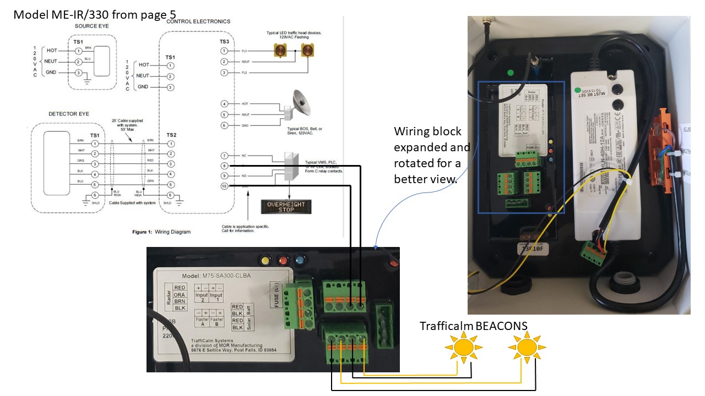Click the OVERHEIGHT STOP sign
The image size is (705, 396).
(286, 207)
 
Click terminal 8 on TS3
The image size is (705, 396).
(224, 165)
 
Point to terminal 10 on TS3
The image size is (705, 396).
(224, 186)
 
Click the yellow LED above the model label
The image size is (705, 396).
(266, 260)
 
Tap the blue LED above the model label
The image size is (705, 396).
(300, 260)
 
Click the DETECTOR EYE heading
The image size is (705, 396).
(69, 114)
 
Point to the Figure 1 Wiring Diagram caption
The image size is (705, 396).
(161, 232)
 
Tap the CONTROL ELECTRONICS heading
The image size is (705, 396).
(198, 21)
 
